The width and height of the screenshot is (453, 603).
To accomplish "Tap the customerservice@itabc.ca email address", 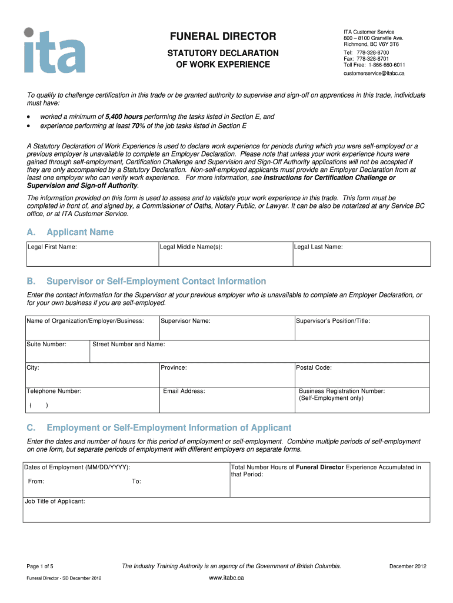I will point(374,73).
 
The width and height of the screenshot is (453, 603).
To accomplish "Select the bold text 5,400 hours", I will point(124,117).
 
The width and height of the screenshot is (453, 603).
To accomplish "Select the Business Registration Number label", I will point(342,391).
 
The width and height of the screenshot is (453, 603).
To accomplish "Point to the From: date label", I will point(36,481).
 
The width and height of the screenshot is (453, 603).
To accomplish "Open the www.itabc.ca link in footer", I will point(226,578).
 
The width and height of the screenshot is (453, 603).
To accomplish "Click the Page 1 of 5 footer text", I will point(40,566).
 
